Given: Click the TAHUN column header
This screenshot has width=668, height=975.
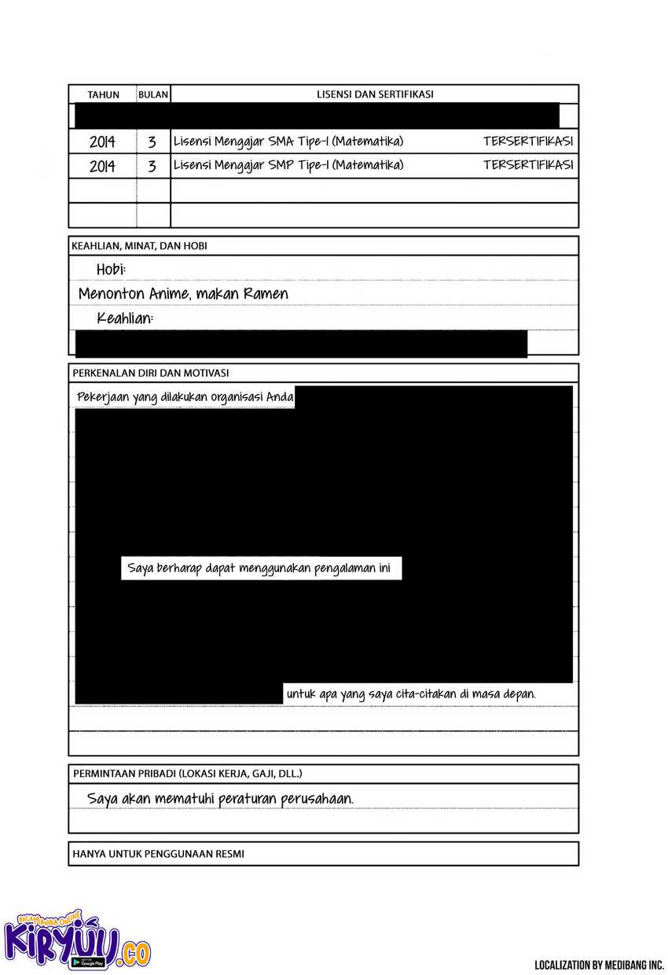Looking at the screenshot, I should (103, 94).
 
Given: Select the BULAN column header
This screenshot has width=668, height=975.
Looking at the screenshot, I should (153, 94).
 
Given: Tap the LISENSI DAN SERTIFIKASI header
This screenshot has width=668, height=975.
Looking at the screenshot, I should (375, 94).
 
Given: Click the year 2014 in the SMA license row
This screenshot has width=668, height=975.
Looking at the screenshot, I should (102, 142).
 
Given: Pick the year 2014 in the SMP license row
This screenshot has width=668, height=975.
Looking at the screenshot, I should (102, 166).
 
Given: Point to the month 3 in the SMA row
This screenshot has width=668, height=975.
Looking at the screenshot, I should (152, 142).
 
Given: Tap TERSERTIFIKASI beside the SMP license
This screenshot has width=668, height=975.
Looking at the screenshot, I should (528, 165).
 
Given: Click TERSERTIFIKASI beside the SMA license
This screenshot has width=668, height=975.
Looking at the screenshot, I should (528, 142).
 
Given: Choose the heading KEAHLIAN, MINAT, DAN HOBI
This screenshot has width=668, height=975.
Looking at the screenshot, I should (140, 246).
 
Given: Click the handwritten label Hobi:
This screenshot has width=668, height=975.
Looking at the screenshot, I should (111, 270).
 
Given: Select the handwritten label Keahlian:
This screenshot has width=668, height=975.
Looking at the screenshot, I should (125, 318).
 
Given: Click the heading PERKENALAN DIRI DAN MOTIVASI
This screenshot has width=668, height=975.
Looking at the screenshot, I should (151, 373).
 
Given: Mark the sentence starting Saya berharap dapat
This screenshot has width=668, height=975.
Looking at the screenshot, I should (261, 568).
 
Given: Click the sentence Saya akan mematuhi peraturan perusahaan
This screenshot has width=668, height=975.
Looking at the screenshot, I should (221, 798).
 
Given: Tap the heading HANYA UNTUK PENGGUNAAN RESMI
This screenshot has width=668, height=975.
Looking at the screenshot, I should (158, 853).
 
